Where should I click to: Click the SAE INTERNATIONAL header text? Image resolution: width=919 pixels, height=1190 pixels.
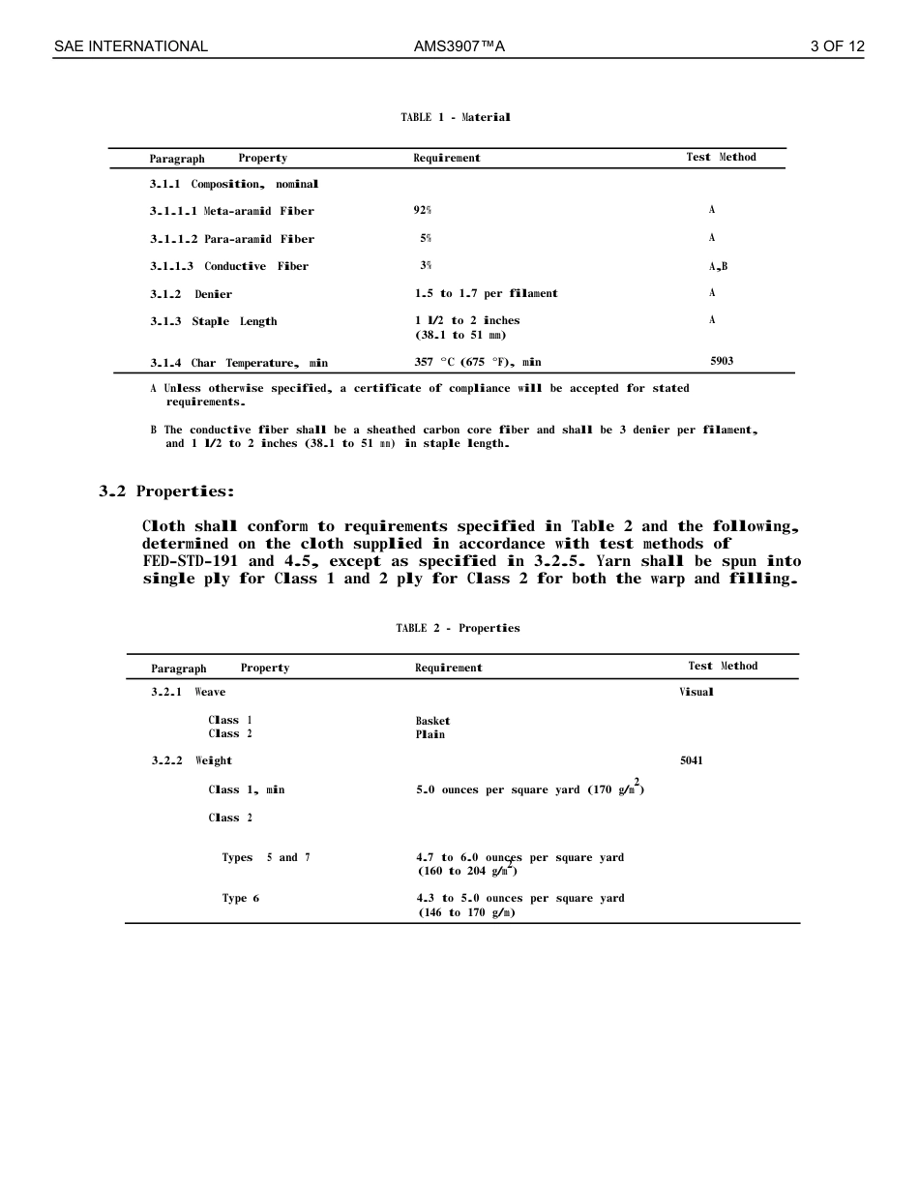tap(131, 46)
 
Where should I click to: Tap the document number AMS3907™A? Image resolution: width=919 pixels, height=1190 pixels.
tap(459, 46)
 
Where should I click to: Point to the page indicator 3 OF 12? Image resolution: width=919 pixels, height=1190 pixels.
tap(837, 46)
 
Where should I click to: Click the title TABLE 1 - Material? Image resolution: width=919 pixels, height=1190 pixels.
tap(456, 117)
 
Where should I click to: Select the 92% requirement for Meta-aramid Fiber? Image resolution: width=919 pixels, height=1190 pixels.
tap(423, 210)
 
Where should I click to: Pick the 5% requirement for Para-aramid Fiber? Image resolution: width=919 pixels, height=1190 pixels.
tap(426, 238)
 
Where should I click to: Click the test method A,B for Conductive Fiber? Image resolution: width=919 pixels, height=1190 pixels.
tap(718, 266)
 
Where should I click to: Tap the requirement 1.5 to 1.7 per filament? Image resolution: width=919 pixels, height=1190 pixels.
tap(486, 293)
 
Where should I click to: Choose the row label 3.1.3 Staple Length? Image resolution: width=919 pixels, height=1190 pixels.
tap(213, 321)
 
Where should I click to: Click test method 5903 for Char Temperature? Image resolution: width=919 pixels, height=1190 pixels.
tap(722, 361)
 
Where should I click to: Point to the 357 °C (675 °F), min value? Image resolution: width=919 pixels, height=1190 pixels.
tap(478, 362)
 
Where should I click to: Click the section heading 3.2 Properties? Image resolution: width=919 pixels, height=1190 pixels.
tap(166, 491)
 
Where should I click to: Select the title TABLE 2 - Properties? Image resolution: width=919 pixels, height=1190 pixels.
tap(458, 628)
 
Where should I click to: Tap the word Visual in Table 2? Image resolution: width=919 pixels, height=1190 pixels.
tap(697, 692)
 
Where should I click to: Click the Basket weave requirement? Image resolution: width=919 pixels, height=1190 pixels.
tap(432, 721)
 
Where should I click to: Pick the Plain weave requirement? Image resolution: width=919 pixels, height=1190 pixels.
tap(430, 734)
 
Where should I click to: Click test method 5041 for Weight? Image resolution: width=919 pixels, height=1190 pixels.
tap(692, 760)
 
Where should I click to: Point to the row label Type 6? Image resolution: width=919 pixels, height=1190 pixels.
tap(240, 898)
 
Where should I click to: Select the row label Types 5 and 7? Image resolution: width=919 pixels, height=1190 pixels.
tap(266, 857)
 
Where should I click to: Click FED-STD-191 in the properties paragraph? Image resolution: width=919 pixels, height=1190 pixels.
tap(190, 561)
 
